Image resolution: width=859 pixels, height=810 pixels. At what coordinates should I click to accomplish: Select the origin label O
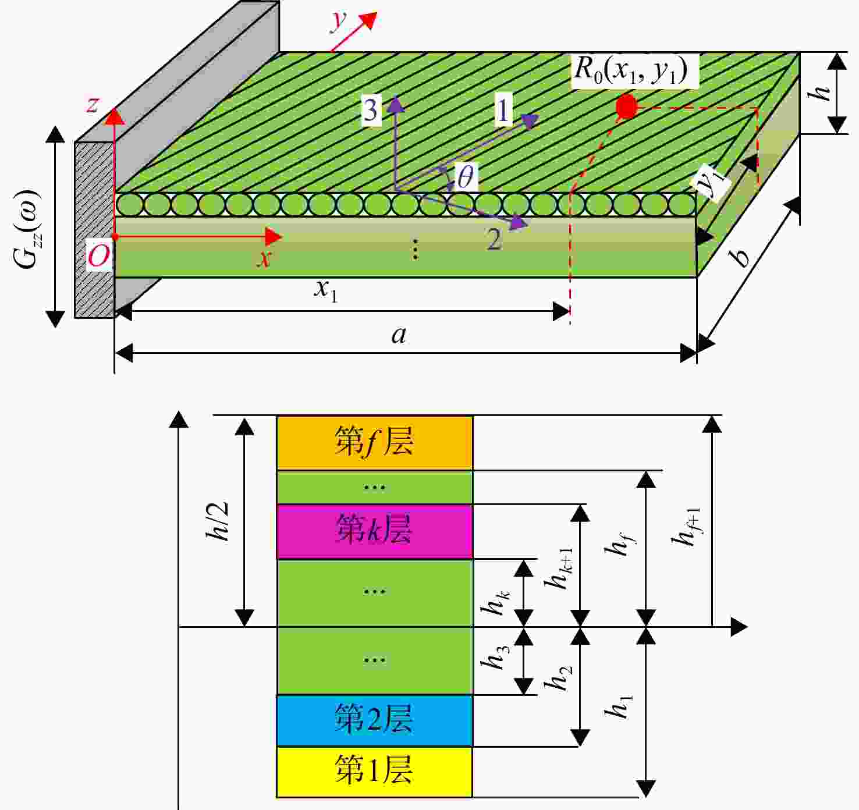coord(98,256)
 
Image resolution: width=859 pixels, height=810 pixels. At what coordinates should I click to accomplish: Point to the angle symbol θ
coord(466,177)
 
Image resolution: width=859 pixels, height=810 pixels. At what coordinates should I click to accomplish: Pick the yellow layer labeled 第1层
coord(374,772)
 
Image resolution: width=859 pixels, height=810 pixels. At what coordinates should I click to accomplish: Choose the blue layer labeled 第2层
coord(374,722)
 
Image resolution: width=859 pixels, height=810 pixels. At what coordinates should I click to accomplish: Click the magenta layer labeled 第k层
coord(374,531)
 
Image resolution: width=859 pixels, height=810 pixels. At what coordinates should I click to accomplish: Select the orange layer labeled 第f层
coord(374,442)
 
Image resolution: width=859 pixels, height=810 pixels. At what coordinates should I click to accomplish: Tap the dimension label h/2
coord(218,521)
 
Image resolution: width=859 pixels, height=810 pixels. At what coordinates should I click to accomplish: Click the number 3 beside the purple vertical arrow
coord(371,110)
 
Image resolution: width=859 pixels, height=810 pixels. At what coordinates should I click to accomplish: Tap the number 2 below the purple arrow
coord(494,239)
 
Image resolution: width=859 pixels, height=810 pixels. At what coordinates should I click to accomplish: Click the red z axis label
coord(93,105)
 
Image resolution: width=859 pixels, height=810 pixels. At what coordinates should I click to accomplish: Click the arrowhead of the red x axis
coord(274,237)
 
